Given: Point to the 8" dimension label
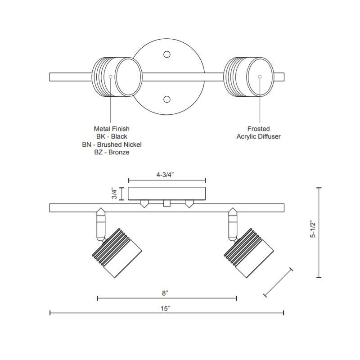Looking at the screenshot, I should tap(166, 293).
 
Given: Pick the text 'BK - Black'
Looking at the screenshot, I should tap(111, 137).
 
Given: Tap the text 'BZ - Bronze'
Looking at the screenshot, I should tap(111, 153).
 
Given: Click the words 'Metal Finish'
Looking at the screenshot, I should tap(111, 129).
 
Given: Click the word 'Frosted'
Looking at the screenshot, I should tap(259, 129).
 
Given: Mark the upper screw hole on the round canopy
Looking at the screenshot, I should tap(167, 55).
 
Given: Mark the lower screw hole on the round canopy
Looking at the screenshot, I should tap(167, 99).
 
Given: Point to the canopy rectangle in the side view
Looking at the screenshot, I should tap(167, 193).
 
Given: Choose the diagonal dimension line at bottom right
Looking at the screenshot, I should tap(278, 283).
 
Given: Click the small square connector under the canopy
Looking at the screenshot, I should tap(167, 204).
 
